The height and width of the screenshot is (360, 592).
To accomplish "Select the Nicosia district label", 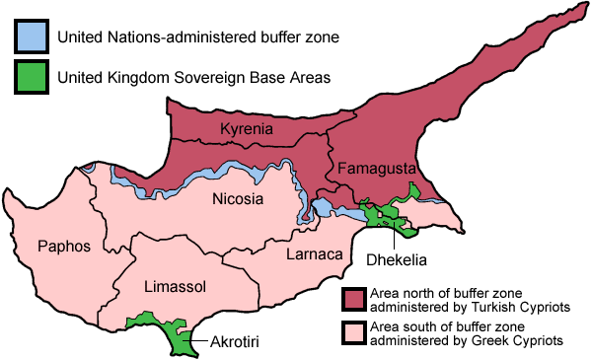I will tap(238, 199).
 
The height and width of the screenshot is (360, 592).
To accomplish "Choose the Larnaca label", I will tap(313, 254).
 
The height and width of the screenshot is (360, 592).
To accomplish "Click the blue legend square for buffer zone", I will tap(32, 37).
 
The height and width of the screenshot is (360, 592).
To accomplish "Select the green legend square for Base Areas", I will tap(32, 75).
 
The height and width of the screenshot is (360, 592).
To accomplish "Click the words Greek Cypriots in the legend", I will tap(514, 340).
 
